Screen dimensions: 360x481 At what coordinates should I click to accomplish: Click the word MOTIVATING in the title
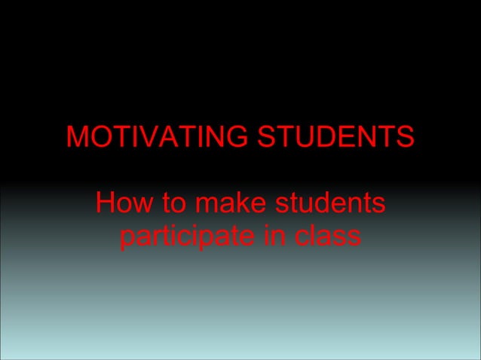(158, 138)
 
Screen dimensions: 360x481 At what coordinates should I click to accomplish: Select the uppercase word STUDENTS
(336, 138)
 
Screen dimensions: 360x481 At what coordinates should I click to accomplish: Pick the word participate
(188, 237)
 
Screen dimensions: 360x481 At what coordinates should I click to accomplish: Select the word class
(329, 237)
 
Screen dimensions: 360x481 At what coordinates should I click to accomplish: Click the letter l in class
(312, 237)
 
